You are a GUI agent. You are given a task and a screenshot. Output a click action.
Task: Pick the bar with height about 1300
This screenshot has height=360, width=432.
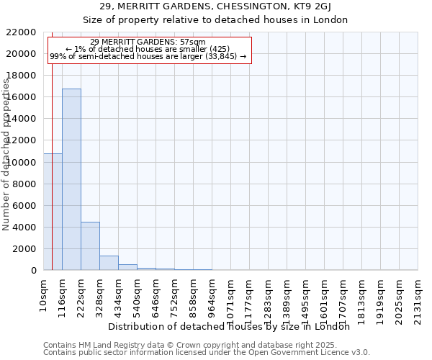pos(109,263)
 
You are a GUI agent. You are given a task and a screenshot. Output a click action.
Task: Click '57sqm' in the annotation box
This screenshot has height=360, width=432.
pos(195,42)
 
